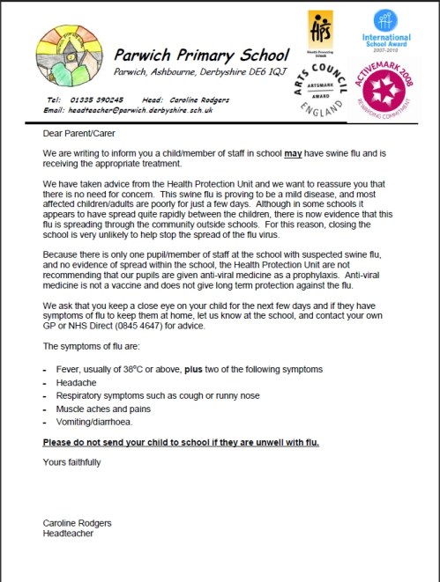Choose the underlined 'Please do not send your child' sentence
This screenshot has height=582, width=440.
click(x=181, y=441)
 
